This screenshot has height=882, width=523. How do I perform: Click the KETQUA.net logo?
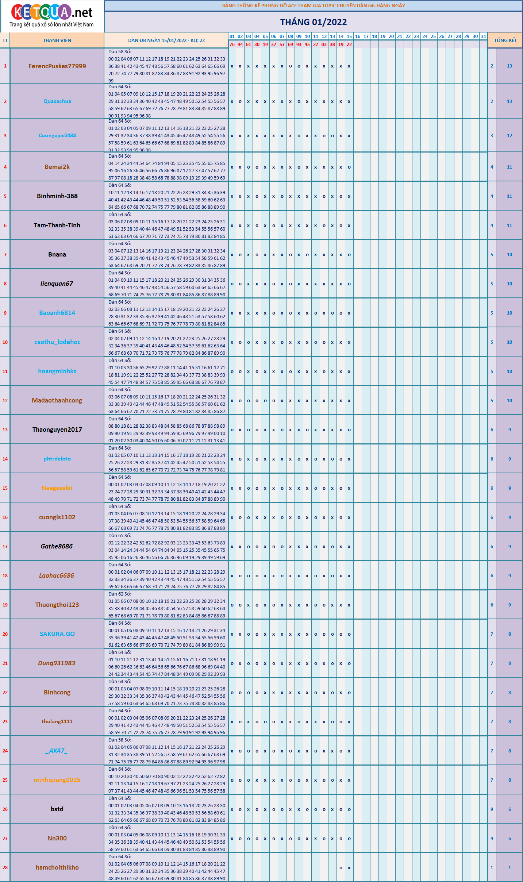coord(52,16)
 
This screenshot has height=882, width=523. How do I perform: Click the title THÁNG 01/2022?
coord(313,22)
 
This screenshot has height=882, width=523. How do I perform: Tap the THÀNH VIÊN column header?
coord(57,41)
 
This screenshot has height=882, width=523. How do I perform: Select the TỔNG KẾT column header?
coord(505,41)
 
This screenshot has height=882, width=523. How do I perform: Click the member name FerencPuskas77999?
coord(57,66)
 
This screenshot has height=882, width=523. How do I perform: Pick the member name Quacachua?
coord(57,101)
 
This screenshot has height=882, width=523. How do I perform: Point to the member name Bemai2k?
coord(57,167)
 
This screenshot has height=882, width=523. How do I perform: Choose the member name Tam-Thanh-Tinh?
coord(57,225)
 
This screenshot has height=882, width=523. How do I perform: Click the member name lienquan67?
coord(57,284)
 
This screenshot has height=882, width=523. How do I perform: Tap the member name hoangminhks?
coord(57,371)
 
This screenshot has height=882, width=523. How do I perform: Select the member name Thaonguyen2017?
coord(57,430)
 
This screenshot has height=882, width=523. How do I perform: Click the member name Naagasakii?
coord(57,488)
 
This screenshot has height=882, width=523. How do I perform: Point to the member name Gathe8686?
coord(57,546)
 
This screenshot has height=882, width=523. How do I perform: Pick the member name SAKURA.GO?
coord(57,634)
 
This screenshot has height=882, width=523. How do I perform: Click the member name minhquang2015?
coord(57,780)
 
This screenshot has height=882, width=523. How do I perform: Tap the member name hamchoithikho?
coord(57,867)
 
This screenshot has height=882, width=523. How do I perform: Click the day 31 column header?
coord(484,36)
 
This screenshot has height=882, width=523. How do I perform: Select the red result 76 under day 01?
coord(232,45)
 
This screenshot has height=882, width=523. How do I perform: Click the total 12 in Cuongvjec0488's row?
coord(509,136)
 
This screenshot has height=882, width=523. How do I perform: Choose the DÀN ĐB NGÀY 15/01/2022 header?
coord(166,41)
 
